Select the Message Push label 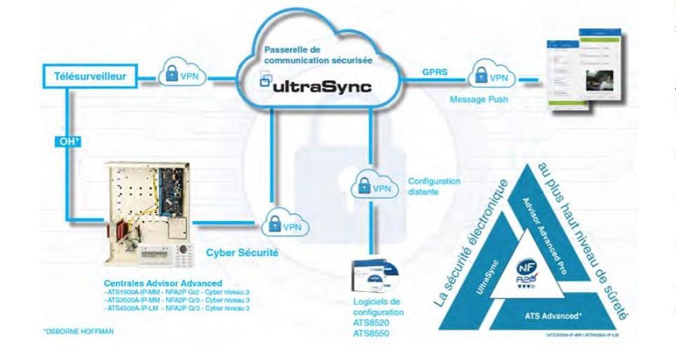click(479, 100)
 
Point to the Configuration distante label click(434, 186)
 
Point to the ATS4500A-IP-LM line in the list click(177, 308)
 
